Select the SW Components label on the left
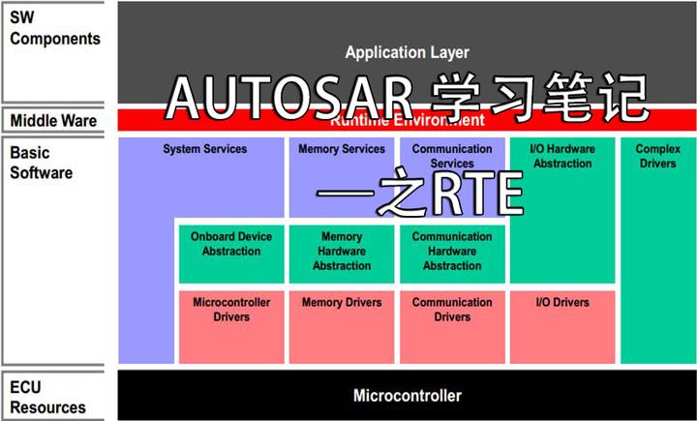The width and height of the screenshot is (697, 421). [x=55, y=29]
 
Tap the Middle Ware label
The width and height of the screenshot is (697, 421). [x=54, y=121]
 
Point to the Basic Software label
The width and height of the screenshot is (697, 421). [x=42, y=163]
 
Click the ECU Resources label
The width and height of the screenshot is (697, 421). [x=48, y=398]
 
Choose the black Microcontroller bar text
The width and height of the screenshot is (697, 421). [x=407, y=395]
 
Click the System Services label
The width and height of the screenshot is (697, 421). [x=204, y=150]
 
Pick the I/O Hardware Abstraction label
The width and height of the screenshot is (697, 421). [x=561, y=157]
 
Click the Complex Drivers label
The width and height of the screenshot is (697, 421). [x=657, y=157]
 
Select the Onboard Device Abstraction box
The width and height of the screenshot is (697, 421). [x=231, y=253]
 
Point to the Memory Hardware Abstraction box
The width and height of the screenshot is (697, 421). [x=342, y=253]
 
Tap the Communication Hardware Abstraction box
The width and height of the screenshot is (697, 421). [x=452, y=253]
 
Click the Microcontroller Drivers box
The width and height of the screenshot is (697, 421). [x=231, y=324]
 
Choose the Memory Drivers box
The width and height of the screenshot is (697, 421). [x=342, y=324]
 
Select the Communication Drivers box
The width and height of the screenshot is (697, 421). [x=452, y=324]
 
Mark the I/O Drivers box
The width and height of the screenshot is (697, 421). [x=562, y=324]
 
